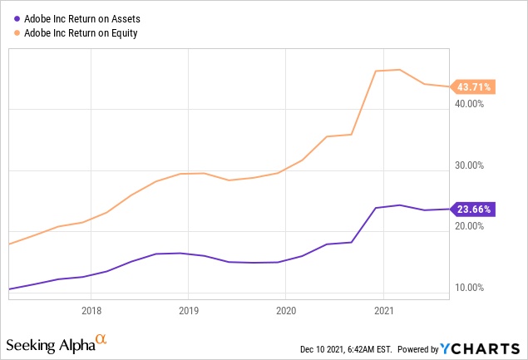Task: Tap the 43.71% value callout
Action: pyautogui.click(x=473, y=86)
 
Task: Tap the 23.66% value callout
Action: pyautogui.click(x=473, y=209)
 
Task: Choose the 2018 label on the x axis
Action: pyautogui.click(x=91, y=311)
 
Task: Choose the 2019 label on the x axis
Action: pyautogui.click(x=188, y=311)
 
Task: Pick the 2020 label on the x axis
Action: pyautogui.click(x=285, y=311)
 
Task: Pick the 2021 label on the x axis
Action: pyautogui.click(x=382, y=311)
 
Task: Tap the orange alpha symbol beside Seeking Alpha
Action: pyautogui.click(x=101, y=339)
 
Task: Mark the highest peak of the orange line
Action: pyautogui.click(x=400, y=70)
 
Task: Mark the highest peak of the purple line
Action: pyautogui.click(x=400, y=205)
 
